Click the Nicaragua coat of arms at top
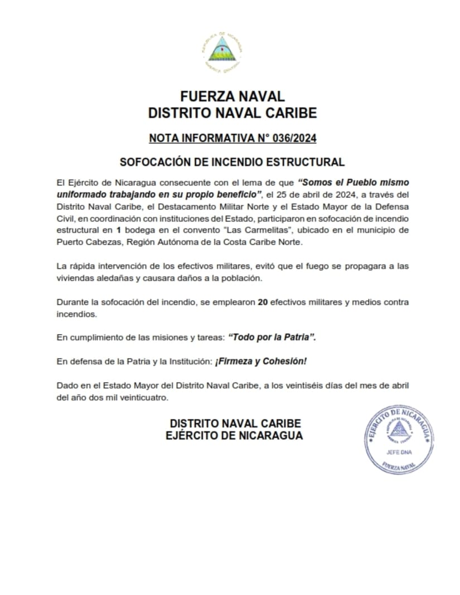(222, 53)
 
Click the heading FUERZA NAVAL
(233, 96)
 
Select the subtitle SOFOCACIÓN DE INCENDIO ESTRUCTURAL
(233, 162)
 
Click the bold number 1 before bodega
(119, 230)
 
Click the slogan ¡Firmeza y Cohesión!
(260, 361)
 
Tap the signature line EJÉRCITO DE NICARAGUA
(234, 436)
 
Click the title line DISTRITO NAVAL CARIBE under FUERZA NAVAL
(233, 113)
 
